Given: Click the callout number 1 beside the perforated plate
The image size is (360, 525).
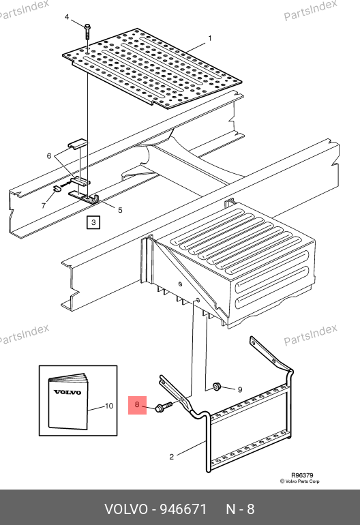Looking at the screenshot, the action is click(210, 38).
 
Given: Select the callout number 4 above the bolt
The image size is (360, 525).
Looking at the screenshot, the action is click(67, 17).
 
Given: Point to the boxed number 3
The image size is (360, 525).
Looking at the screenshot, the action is click(93, 222).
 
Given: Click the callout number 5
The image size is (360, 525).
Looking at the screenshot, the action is click(120, 210).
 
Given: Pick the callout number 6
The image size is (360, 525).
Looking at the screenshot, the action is click(49, 155).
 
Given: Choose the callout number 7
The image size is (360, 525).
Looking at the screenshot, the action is click(44, 206).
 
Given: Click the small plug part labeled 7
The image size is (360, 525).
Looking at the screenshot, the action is click(57, 187).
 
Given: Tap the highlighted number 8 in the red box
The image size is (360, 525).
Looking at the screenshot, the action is click(137, 404).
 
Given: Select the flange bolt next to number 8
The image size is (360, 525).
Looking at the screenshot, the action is click(164, 407).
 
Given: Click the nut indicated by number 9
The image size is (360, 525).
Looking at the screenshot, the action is click(217, 387).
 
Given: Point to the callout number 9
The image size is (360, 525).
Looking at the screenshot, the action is click(240, 390).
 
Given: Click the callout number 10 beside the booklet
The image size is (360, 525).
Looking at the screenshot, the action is click(109, 406).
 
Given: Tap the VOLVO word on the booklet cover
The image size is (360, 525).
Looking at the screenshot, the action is click(67, 392).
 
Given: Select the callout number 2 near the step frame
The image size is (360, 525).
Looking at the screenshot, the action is click(171, 457).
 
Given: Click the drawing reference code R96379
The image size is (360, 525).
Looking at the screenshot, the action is click(302, 475).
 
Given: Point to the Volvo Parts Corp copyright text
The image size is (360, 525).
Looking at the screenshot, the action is click(300, 481).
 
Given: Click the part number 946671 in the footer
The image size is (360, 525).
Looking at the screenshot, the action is click(183, 509).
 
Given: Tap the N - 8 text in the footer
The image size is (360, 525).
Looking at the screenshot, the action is click(240, 509).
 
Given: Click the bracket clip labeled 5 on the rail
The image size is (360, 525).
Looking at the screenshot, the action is click(84, 198).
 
